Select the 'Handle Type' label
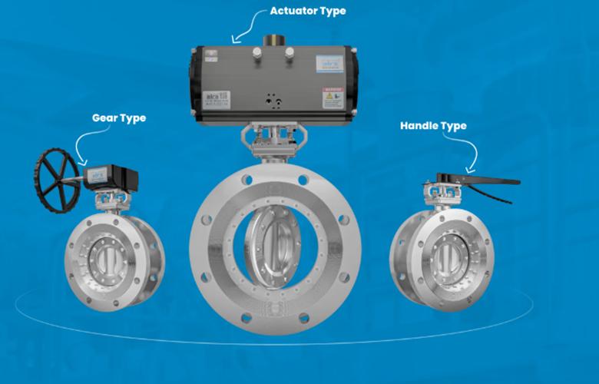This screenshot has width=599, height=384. pos(433,124)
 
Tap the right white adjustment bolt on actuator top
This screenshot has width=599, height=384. pos(290,51)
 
